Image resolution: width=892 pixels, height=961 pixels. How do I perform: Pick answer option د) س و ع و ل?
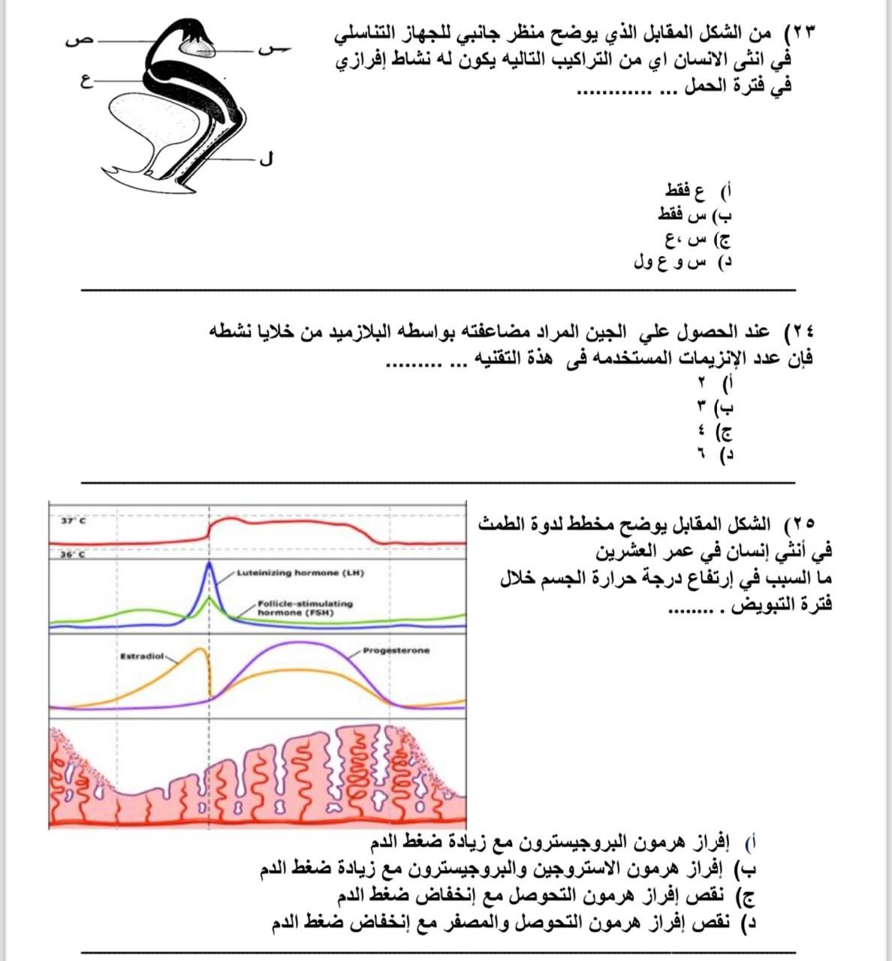coord(683,263)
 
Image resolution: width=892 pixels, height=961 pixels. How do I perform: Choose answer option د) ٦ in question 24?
coord(714,455)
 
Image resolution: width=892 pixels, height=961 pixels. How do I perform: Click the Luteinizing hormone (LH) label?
coord(300,573)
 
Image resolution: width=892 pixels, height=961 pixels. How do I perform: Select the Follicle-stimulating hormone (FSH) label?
coord(304,607)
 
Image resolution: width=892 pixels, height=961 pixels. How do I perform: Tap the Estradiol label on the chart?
coord(142,656)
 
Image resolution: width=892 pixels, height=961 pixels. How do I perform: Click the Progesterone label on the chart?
coord(396,650)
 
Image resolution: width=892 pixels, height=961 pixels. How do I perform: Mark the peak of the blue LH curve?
coord(209,565)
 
